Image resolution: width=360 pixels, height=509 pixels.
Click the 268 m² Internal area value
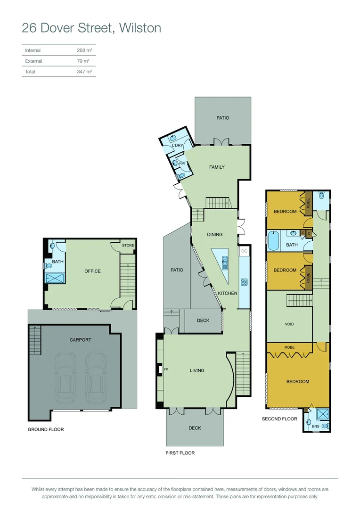pyautogui.click(x=83, y=50)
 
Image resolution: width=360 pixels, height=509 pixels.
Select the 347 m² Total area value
pyautogui.click(x=84, y=72)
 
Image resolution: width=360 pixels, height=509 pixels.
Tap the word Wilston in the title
pyautogui.click(x=140, y=28)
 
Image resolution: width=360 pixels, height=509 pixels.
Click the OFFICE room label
pyautogui.click(x=92, y=271)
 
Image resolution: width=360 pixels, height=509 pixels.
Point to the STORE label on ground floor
pyautogui.click(x=128, y=246)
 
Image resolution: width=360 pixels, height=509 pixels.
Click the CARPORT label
pyautogui.click(x=80, y=340)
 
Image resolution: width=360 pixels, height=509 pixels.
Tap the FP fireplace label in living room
pyautogui.click(x=165, y=369)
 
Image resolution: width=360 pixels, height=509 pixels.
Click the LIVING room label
pyautogui.click(x=197, y=370)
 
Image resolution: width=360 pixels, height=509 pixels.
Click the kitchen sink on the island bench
pyautogui.click(x=225, y=262)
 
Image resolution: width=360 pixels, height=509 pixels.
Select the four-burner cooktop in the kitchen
pyautogui.click(x=245, y=282)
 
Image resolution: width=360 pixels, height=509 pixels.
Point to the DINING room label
pyautogui.click(x=214, y=234)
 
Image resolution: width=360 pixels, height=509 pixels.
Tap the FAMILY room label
pyautogui.click(x=217, y=167)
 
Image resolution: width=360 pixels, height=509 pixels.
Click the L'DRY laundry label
pyautogui.click(x=178, y=145)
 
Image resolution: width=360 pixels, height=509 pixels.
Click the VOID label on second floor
pyautogui.click(x=289, y=324)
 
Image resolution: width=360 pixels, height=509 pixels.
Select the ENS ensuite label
pyautogui.click(x=316, y=427)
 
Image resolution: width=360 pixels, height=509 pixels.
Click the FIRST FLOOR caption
pyautogui.click(x=180, y=453)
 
